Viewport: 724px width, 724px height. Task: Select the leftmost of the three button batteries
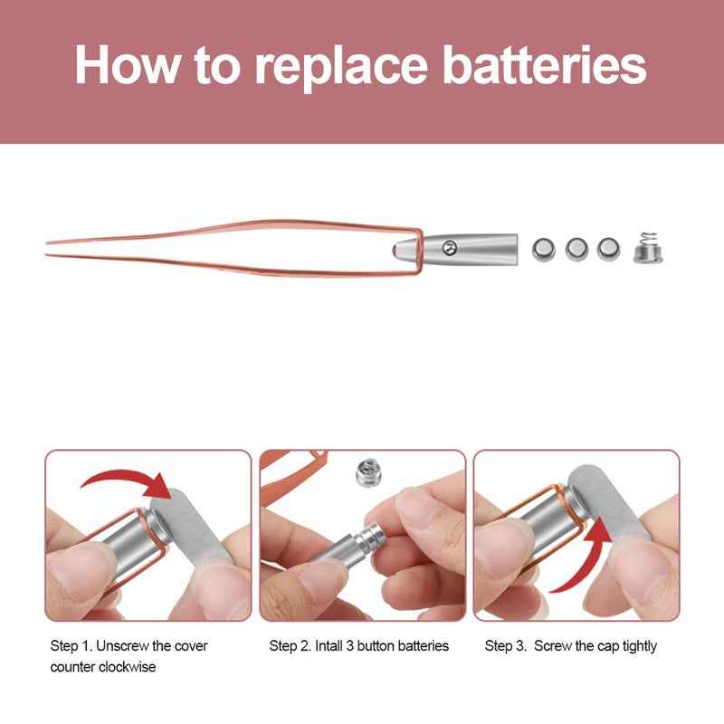coord(544,247)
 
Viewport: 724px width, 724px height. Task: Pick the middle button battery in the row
coord(576,247)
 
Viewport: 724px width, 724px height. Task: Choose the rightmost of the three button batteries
coord(608,247)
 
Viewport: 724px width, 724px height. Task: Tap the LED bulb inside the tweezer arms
coord(399,246)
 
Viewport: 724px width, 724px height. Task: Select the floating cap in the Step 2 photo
coord(366,472)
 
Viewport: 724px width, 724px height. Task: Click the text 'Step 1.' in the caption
coord(70,646)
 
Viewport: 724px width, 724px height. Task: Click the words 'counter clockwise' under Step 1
coord(101,668)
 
